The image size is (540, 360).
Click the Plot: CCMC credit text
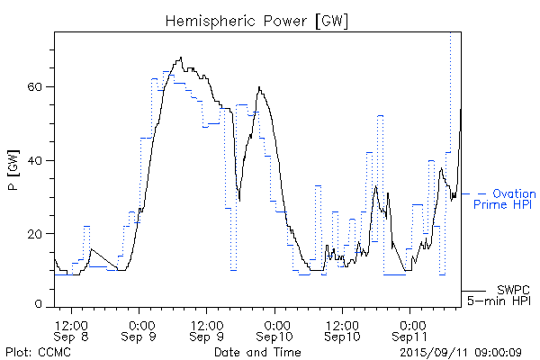pos(32,351)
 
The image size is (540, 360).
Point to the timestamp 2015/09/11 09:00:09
pos(461,351)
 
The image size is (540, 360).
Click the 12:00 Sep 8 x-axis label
pos(72,329)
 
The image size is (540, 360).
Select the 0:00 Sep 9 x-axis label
pos(140,329)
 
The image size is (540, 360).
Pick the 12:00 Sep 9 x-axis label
pos(208,329)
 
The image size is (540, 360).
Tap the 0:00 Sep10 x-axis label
pos(275,329)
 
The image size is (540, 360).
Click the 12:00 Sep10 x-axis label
pos(343,329)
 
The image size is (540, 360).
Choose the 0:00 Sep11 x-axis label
pos(411,329)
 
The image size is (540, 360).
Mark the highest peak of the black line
pos(182,58)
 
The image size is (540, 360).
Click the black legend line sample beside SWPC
pos(474,291)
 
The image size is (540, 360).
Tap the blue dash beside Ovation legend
pos(481,193)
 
